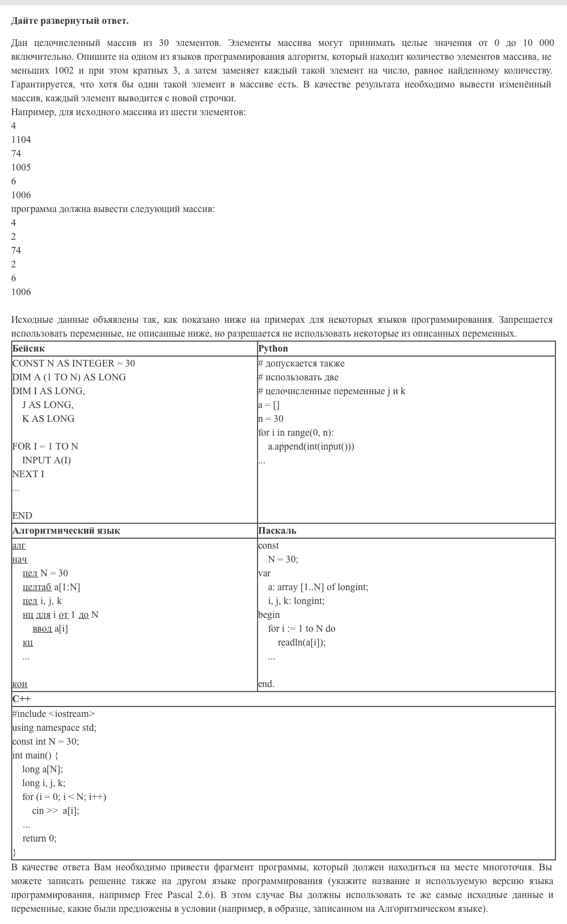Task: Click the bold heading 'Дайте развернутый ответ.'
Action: (70, 20)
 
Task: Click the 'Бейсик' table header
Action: (28, 348)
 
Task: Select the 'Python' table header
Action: (273, 348)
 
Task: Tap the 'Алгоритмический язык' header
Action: (66, 530)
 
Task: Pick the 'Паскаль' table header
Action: (277, 530)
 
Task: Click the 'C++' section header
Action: (21, 699)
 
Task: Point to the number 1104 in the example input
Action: (21, 140)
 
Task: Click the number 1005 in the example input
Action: (21, 167)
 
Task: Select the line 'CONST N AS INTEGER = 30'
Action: (74, 363)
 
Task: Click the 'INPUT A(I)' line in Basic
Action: (47, 460)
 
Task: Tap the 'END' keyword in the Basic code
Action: (22, 515)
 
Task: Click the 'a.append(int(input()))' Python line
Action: (311, 446)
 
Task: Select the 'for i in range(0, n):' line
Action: (296, 432)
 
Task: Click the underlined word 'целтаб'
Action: (37, 587)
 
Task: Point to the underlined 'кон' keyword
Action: (19, 684)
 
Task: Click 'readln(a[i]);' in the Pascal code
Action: (302, 642)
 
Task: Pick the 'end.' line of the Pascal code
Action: (266, 684)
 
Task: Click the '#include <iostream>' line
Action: (54, 714)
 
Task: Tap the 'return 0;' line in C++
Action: (39, 838)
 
